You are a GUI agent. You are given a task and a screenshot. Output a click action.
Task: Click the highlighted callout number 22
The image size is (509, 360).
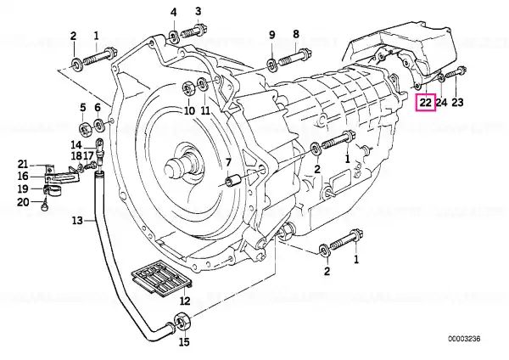pos(426,102)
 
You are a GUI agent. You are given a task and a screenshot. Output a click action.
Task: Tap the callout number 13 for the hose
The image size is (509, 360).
pos(77,221)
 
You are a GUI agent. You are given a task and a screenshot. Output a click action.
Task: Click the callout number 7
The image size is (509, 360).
pos(228,162)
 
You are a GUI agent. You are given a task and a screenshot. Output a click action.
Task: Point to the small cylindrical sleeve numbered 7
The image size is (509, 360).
pos(234,181)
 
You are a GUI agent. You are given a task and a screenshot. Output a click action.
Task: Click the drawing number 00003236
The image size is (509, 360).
pos(464,339)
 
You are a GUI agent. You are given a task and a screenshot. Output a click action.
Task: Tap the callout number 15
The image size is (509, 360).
pos(184,342)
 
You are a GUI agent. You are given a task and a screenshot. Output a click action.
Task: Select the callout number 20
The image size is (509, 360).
pos(23,202)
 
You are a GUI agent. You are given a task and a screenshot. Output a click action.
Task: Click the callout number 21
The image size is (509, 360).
pos(23,165)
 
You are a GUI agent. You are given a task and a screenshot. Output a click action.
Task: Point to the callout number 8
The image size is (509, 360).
pos(296,34)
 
